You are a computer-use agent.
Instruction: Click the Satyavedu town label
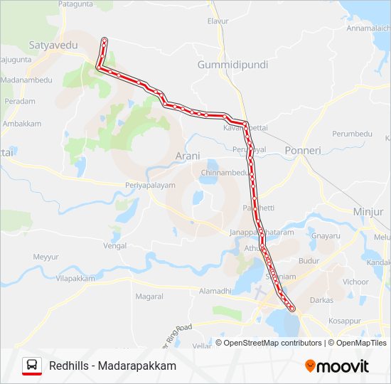point(53,46)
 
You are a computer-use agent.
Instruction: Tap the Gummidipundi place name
point(232,65)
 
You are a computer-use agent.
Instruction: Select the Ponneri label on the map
point(303,151)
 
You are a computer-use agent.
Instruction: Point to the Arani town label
point(188,156)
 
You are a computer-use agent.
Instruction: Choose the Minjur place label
point(368,211)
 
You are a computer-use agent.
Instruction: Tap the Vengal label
point(114,245)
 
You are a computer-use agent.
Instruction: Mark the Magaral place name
point(149,296)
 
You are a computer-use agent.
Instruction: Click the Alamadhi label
point(215,291)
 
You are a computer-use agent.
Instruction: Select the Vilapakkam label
point(75,279)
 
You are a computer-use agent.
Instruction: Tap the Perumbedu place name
point(353,134)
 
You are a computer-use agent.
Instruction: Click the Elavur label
point(218,21)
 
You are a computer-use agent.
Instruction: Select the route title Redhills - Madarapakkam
point(113,366)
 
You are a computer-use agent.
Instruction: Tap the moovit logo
point(337,366)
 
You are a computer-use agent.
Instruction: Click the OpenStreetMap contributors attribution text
point(273,343)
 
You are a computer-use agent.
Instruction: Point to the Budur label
point(309,261)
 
